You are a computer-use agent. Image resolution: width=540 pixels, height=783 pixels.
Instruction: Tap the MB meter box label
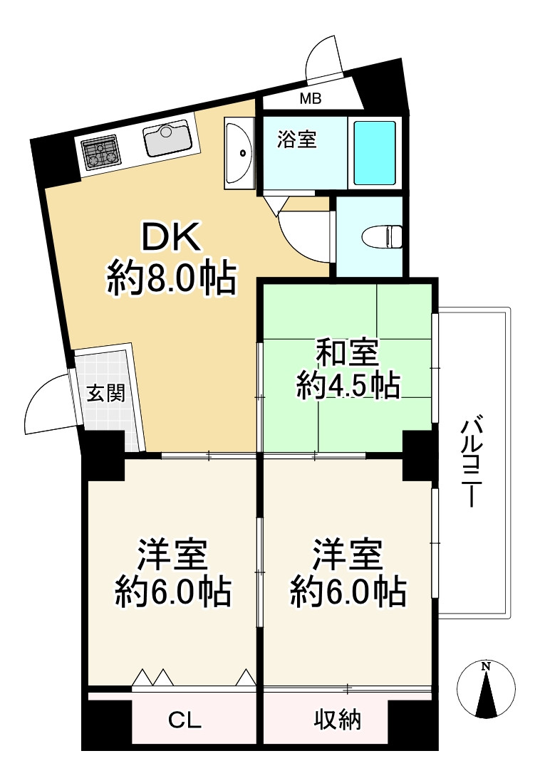(311, 99)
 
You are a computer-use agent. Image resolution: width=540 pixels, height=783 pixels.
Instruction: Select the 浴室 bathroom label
(297, 140)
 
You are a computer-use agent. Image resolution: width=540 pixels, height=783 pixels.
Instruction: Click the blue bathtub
(375, 153)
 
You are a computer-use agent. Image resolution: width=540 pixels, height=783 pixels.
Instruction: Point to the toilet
(382, 236)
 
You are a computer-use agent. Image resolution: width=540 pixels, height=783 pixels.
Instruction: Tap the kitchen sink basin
(168, 140)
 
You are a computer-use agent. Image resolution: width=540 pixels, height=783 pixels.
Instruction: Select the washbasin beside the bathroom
(239, 153)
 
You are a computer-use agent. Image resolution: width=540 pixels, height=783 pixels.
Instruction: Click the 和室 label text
(348, 353)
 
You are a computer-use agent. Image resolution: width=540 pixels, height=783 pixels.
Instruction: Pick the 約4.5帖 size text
(348, 385)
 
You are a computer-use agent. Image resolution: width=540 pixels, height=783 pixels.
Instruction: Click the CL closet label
(185, 720)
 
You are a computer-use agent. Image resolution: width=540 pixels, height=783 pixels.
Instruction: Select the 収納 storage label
(338, 719)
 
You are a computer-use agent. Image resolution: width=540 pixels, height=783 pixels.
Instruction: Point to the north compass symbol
(486, 690)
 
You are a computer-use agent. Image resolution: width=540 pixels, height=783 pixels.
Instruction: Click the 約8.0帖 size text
(172, 278)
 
